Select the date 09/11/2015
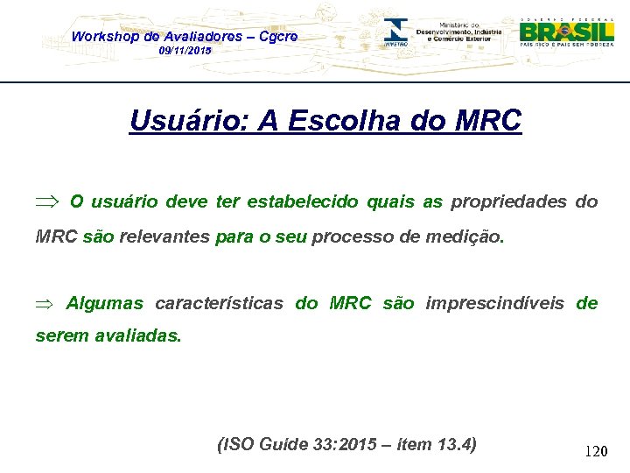click(185, 52)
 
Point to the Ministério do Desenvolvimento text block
click(459, 32)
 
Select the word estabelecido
click(303, 202)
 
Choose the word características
click(219, 304)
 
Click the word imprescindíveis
click(494, 304)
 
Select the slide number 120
click(596, 452)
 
